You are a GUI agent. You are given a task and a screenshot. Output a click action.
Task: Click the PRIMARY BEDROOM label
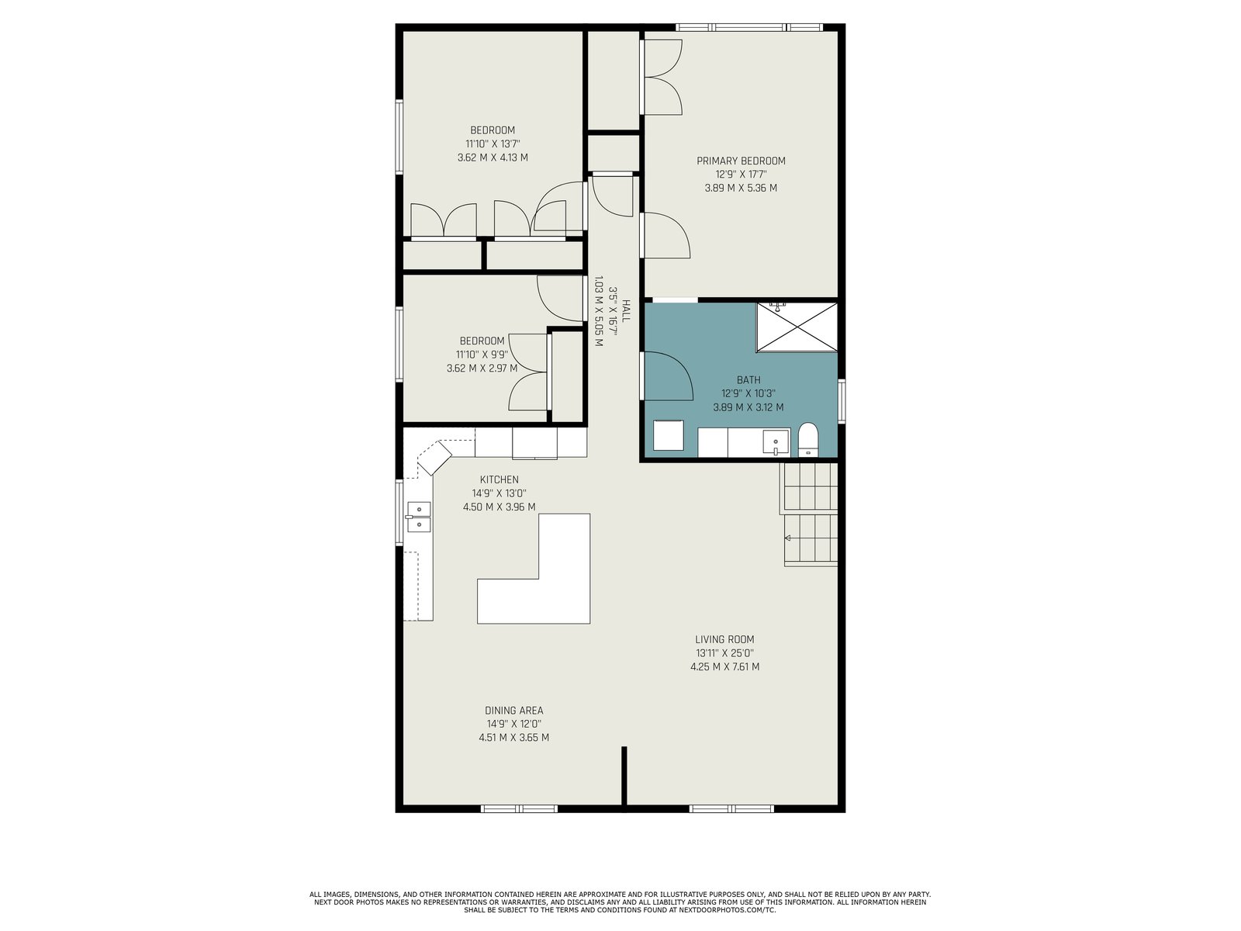click(x=741, y=161)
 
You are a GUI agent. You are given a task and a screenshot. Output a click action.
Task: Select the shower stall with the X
click(x=797, y=327)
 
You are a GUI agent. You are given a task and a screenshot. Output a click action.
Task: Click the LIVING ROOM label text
click(x=724, y=639)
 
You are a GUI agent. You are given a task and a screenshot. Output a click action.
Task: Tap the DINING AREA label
click(x=513, y=711)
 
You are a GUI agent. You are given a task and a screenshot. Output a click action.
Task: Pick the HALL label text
click(x=625, y=311)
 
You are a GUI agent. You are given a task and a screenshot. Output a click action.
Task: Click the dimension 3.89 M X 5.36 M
click(x=741, y=189)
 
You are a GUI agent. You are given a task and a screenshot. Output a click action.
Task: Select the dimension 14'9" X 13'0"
click(x=499, y=493)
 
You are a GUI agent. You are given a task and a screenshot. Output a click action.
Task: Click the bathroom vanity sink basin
click(x=775, y=441)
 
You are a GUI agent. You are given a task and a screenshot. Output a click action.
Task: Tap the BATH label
click(x=748, y=380)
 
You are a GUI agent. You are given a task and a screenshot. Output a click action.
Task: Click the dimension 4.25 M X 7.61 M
click(x=724, y=667)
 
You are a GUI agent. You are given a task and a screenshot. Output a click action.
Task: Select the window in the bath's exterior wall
click(x=842, y=401)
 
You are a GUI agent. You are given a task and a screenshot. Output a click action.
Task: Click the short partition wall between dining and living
click(x=624, y=775)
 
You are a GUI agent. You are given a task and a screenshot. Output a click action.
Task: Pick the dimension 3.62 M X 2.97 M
click(x=482, y=369)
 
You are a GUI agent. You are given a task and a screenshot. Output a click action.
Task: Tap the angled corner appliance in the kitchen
click(x=435, y=457)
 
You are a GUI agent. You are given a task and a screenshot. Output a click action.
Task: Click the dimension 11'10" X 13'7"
click(x=493, y=144)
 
